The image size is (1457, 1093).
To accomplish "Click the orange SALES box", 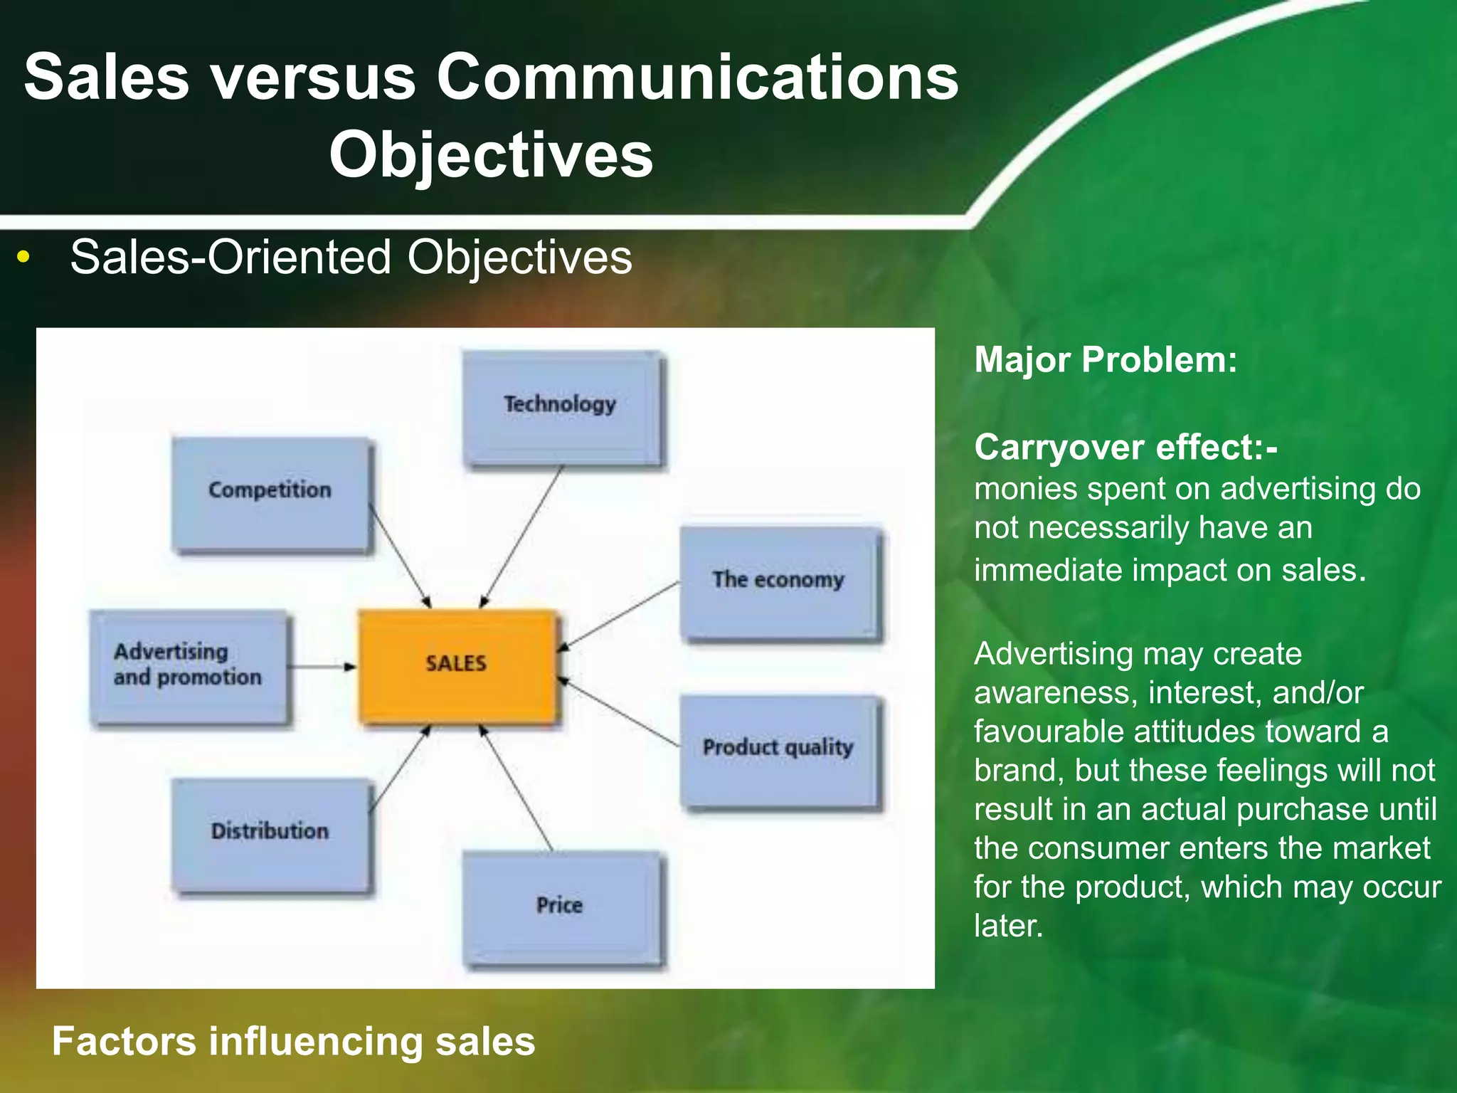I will tap(456, 665).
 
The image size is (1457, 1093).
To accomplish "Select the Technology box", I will tap(561, 408).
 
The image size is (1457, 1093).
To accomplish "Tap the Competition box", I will tap(270, 493).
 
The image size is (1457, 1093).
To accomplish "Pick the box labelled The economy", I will tap(779, 582).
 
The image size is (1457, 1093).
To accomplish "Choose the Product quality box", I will tap(779, 750).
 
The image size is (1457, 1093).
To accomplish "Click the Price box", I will tap(561, 907).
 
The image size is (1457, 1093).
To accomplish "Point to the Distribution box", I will tap(270, 833).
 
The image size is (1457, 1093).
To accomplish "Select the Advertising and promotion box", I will tap(188, 666).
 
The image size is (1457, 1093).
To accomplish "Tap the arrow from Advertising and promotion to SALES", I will tap(322, 667).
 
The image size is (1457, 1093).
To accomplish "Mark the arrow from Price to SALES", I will tap(517, 788).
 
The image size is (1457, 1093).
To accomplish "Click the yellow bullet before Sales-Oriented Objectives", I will tap(23, 258).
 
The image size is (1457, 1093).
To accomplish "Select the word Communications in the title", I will tap(696, 77).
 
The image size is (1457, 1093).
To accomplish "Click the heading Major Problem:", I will tap(1105, 360).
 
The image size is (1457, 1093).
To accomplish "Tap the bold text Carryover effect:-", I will tap(1125, 448).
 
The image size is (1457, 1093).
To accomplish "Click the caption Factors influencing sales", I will tap(293, 1041).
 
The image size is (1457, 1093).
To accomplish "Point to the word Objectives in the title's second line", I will tap(490, 155).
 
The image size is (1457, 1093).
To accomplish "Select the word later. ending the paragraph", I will tap(1007, 926).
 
